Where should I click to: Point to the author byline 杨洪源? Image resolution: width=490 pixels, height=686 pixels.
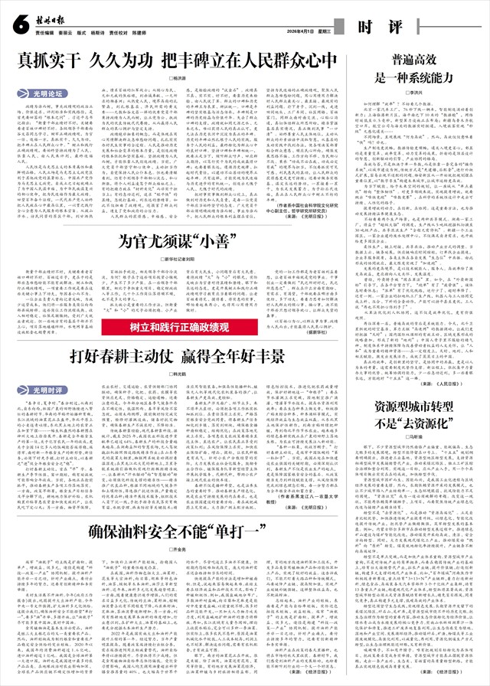178,79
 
